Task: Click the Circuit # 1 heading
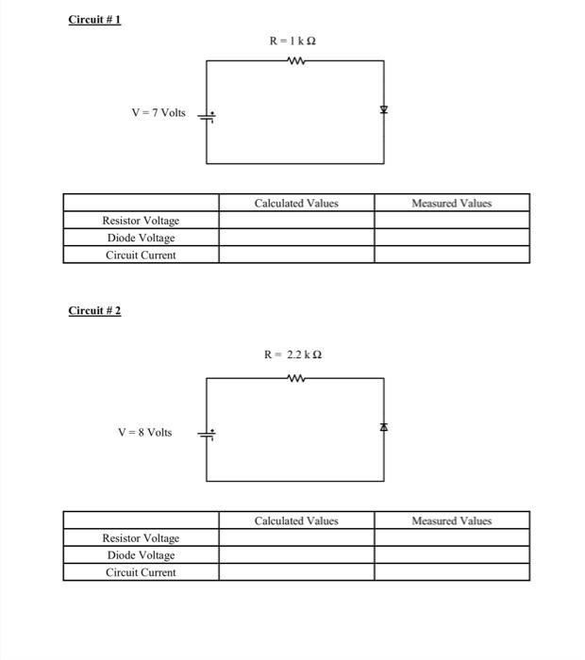[94, 20]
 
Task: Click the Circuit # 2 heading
[94, 311]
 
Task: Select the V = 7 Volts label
[159, 113]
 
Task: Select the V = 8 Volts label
[144, 432]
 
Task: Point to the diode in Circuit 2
[384, 428]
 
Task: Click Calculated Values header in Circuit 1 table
[296, 203]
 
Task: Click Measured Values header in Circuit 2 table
[451, 520]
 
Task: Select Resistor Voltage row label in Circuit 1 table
[141, 221]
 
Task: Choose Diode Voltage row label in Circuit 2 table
[141, 555]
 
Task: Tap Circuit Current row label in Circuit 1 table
[141, 255]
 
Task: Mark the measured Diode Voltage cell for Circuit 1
[451, 238]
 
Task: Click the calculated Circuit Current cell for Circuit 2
[296, 572]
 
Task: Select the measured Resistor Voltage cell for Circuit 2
[451, 537]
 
